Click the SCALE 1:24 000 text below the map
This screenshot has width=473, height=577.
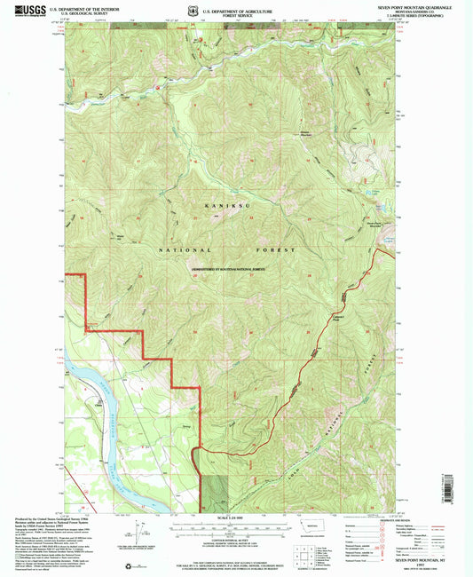tap(235, 518)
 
